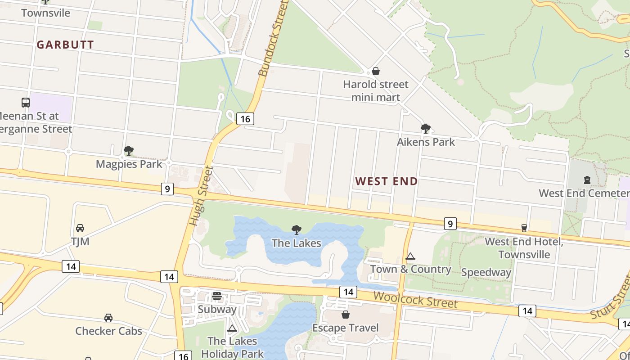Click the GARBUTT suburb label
point(65,45)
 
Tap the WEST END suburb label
point(387,181)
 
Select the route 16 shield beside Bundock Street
point(245,119)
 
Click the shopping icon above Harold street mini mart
point(376,72)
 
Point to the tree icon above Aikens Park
point(425,129)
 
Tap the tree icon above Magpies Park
point(129,151)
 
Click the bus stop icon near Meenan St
point(26,103)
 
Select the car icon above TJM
point(80,228)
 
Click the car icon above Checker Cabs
point(108,318)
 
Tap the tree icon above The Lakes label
point(297,230)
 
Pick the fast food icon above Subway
point(217,296)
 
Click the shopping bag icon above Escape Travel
point(346,315)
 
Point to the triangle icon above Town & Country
point(410,256)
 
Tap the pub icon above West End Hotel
point(524,228)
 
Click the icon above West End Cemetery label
point(587,180)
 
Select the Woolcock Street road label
point(415,300)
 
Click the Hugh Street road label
point(200,196)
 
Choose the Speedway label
point(486,272)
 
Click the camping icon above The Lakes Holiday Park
point(232,328)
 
